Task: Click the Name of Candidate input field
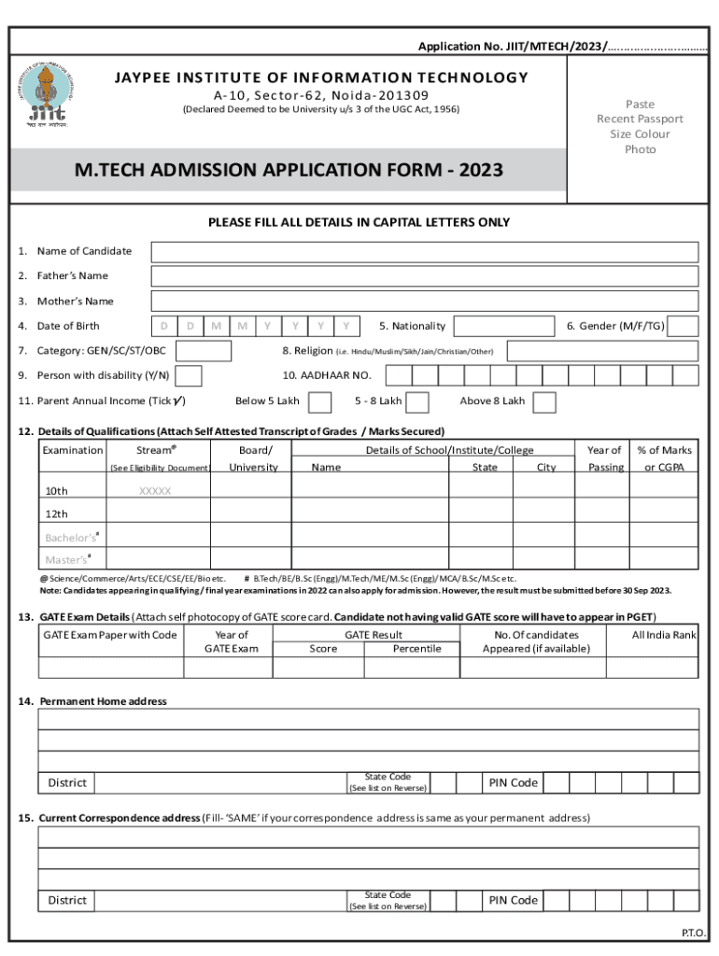point(424,252)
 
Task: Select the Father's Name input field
point(424,276)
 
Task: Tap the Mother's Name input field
point(424,302)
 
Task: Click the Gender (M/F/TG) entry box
point(684,326)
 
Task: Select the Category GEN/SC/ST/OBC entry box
point(204,351)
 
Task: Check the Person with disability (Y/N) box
point(189,376)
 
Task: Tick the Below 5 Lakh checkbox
point(319,401)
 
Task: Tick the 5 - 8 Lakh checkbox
point(417,401)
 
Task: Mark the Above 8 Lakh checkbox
point(544,401)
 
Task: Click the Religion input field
point(602,351)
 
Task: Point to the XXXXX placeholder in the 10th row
point(155,491)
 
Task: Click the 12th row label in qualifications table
point(57,514)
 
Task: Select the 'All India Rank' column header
point(664,635)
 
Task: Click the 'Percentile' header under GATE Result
point(416,648)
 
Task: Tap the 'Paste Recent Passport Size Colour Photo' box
point(640,127)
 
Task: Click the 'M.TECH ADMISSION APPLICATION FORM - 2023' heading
point(289,171)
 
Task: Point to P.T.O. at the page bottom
point(693,933)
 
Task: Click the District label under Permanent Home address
point(67,782)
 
